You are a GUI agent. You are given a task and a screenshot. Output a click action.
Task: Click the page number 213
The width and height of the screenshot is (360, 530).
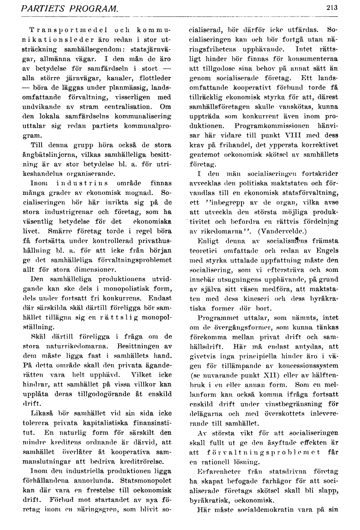click(332, 7)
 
